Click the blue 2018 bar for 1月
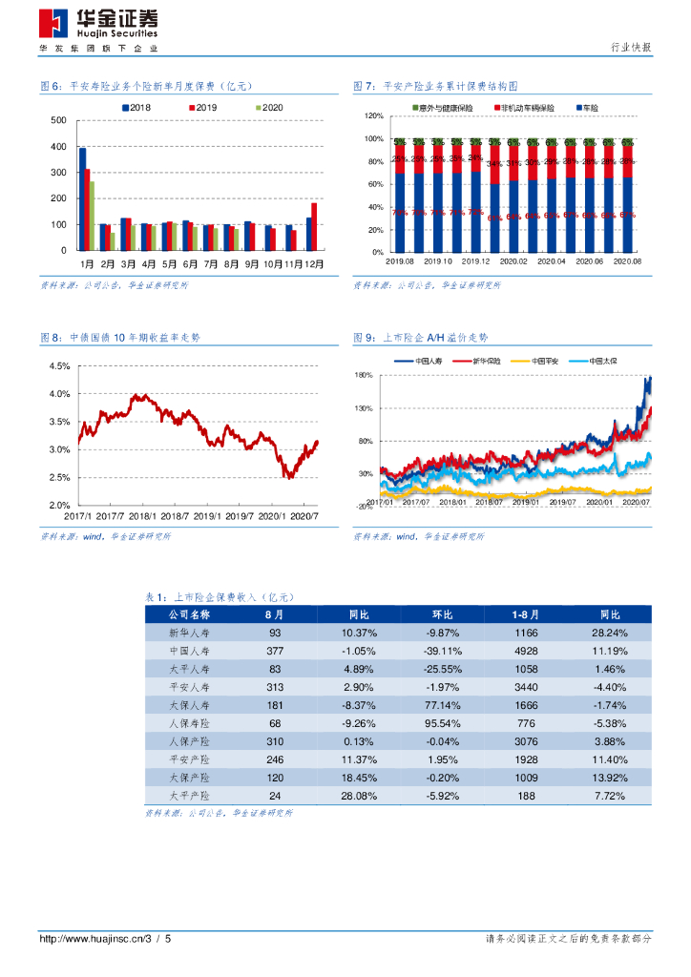click(x=82, y=198)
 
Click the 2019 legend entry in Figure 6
click(x=202, y=109)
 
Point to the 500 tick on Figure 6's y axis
click(x=57, y=120)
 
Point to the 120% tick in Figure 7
click(x=373, y=116)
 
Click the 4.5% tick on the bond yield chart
click(x=59, y=366)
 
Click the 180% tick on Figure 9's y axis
click(x=364, y=375)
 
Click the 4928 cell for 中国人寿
click(x=526, y=651)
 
